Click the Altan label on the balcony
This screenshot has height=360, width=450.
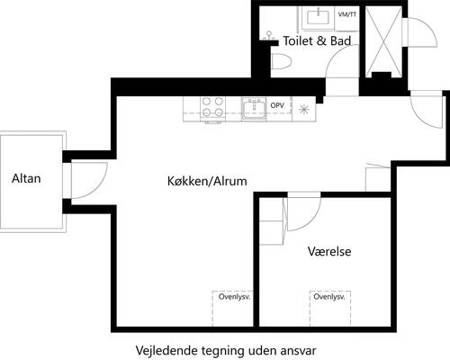click(x=26, y=178)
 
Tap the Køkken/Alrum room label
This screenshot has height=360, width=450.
click(x=207, y=181)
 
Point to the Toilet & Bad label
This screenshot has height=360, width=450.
click(x=316, y=41)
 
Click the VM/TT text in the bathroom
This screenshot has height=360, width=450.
click(x=346, y=15)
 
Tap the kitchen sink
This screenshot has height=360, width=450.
click(x=252, y=109)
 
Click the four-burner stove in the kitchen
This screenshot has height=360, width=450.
click(x=213, y=107)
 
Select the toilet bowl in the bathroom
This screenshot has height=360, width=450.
click(x=281, y=61)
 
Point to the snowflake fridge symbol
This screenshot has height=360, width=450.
click(x=304, y=109)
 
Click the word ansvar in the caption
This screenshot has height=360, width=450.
click(x=299, y=349)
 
